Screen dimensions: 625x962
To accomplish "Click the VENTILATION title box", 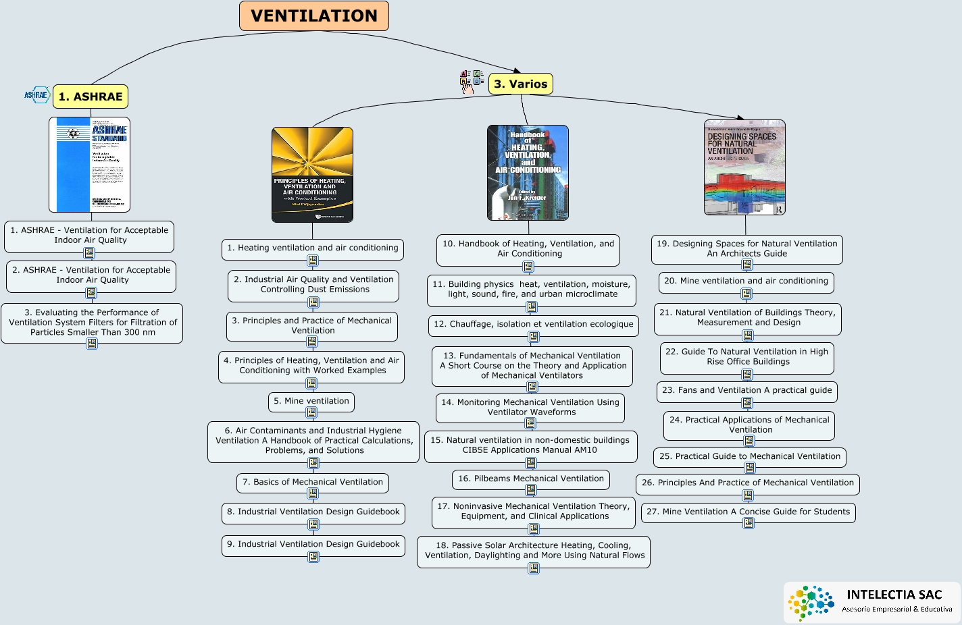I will pos(314,16).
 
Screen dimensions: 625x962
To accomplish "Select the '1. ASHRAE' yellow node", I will pos(91,97).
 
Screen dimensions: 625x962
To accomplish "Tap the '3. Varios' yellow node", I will pos(520,84).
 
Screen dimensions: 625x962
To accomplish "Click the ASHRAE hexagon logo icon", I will pos(37,94).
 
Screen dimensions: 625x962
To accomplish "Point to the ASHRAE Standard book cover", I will pos(89,165).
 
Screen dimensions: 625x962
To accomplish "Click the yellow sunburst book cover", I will pos(312,175).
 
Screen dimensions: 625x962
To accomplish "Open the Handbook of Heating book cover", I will pos(528,173).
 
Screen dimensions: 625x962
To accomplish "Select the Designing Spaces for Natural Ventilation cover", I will pos(744,167).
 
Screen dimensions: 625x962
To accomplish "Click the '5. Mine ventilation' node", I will pos(311,401).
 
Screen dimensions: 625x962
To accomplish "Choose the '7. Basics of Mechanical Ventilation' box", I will pos(313,482).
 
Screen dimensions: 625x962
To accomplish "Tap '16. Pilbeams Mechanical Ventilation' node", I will pos(530,479).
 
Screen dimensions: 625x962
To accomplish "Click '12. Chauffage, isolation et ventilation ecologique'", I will pos(533,325).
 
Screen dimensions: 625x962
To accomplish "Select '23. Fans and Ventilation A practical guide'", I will pos(746,390).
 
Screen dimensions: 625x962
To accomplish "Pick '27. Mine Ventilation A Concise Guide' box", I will pos(748,512).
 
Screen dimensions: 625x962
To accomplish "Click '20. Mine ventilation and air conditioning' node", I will pos(746,281).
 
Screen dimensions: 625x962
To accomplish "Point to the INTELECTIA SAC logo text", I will pos(894,595).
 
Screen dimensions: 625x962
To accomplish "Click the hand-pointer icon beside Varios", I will pos(467,85).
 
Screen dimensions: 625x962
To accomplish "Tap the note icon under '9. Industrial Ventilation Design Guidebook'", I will pos(313,557).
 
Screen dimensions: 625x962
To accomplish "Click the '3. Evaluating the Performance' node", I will pos(92,322).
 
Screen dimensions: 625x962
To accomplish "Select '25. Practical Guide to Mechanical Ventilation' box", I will pos(749,456).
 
